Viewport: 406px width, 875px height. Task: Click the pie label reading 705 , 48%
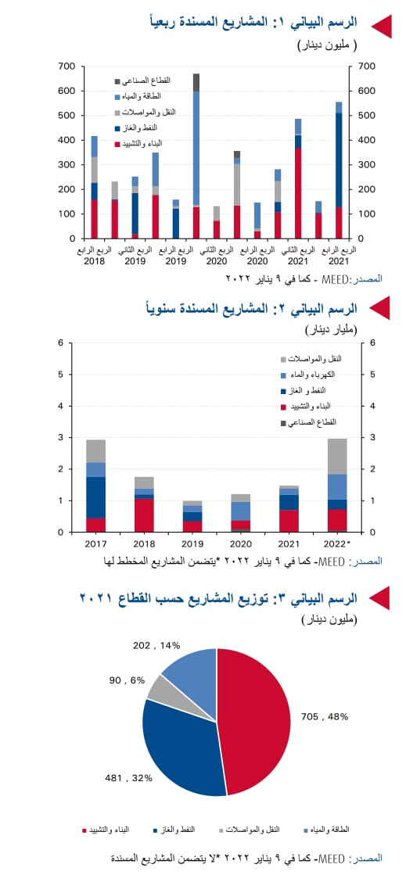(x=325, y=716)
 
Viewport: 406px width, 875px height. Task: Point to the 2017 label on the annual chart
(x=96, y=543)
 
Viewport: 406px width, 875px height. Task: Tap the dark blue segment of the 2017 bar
(x=96, y=497)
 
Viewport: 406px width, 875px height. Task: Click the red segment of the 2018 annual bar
(x=144, y=515)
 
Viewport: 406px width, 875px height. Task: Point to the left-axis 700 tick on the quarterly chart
(x=67, y=66)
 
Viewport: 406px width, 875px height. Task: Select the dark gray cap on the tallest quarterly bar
(x=196, y=82)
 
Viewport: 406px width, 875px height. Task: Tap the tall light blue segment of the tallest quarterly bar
(x=196, y=149)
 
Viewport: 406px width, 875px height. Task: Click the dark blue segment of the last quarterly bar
(x=339, y=160)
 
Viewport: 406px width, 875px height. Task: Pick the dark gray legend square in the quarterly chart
(x=117, y=81)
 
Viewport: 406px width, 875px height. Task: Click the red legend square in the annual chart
(x=284, y=407)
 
